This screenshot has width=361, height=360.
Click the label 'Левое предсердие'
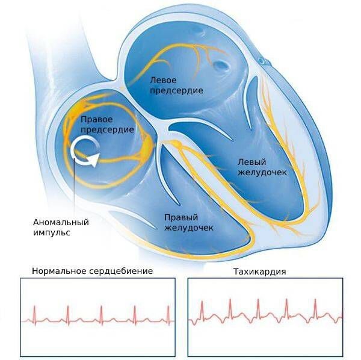click(x=175, y=85)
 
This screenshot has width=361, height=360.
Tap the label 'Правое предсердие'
click(x=107, y=125)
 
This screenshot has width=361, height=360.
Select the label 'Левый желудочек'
click(x=259, y=167)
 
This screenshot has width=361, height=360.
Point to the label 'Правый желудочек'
click(x=190, y=222)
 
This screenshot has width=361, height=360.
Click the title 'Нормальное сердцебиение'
click(x=92, y=271)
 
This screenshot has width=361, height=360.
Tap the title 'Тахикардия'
click(x=259, y=272)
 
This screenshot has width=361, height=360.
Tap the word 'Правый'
click(x=180, y=217)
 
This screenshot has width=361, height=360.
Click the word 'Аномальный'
click(x=61, y=222)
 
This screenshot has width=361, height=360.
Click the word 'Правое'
click(x=96, y=120)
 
